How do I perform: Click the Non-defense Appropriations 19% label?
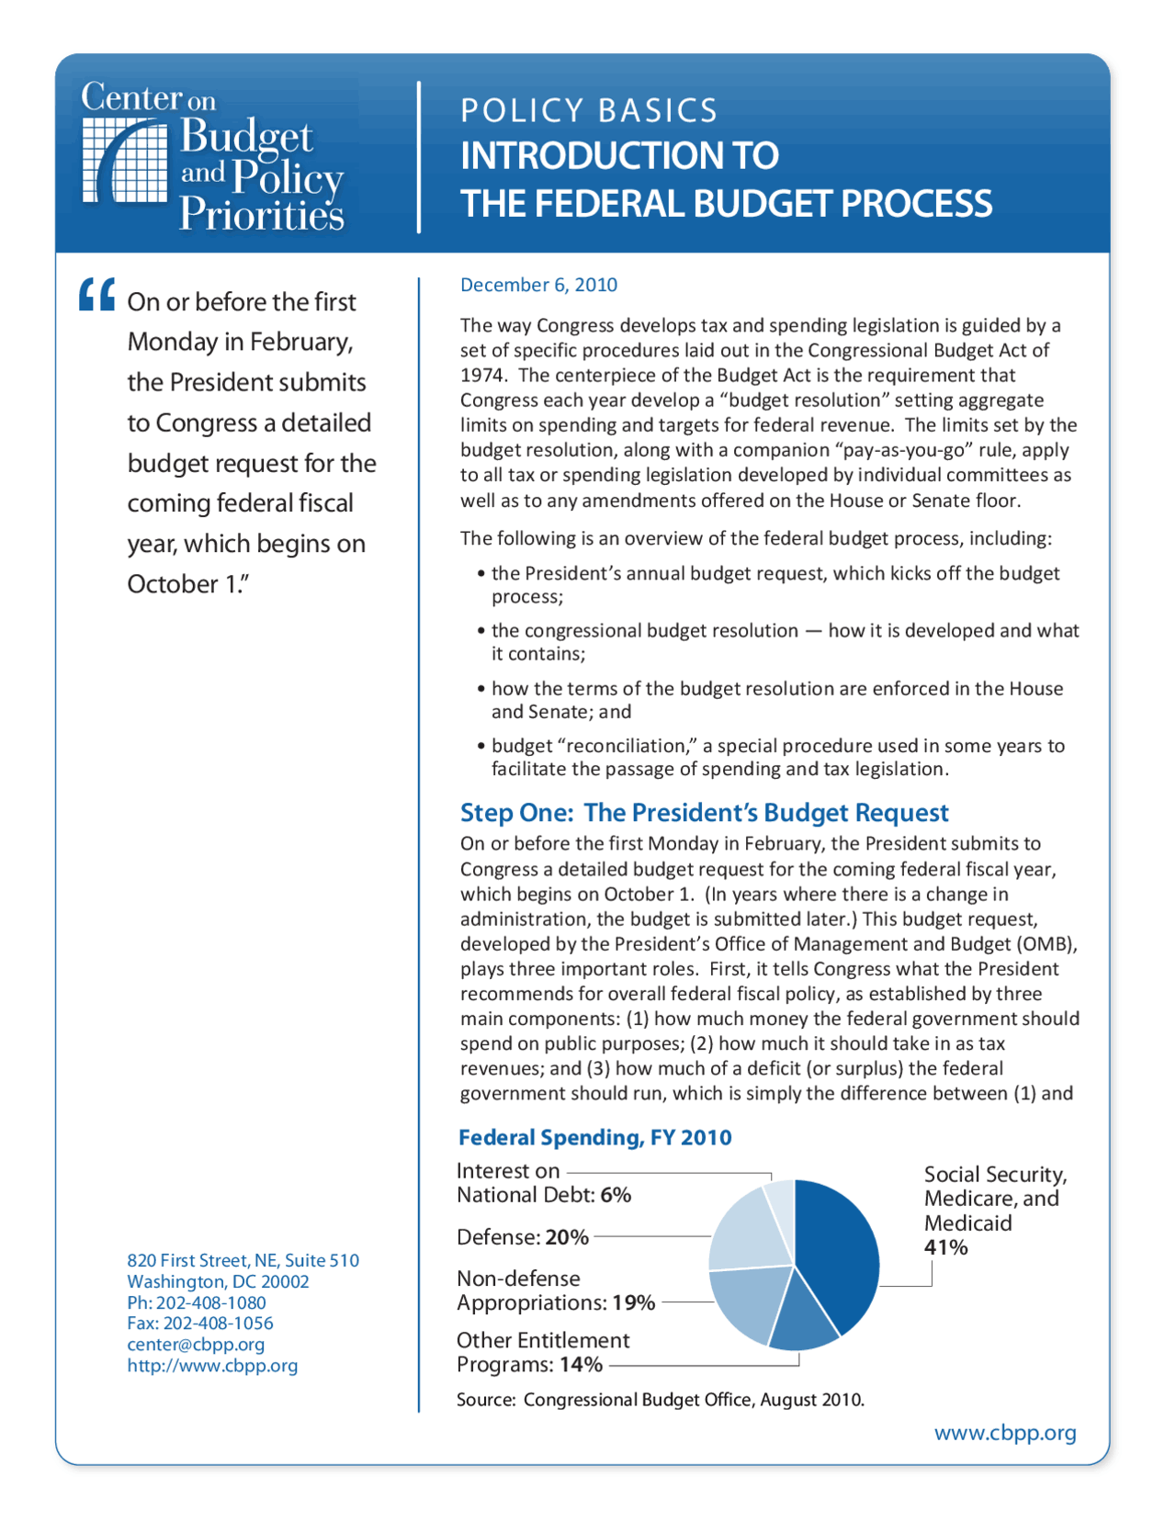(555, 1290)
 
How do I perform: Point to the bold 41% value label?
(945, 1247)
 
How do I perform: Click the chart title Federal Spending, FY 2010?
(594, 1137)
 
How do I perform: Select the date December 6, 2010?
(538, 285)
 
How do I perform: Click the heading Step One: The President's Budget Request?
(704, 813)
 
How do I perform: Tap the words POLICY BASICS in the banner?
(589, 110)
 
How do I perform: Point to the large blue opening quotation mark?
(96, 295)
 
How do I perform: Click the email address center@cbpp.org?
(196, 1344)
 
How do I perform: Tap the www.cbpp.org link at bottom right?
(1005, 1433)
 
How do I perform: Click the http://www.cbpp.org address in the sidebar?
(212, 1366)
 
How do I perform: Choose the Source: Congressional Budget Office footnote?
(660, 1400)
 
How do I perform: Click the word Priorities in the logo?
(261, 214)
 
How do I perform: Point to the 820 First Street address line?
(243, 1260)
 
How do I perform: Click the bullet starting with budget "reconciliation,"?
(776, 757)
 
